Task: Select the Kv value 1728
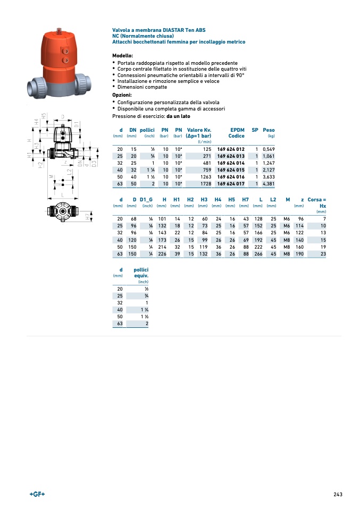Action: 205,184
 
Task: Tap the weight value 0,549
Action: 268,149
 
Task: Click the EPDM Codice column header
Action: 237,133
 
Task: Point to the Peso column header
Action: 269,130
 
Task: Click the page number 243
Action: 338,494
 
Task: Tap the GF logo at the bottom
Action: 37,494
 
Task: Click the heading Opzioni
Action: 122,95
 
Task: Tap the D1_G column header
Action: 146,199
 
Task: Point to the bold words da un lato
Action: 178,116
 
